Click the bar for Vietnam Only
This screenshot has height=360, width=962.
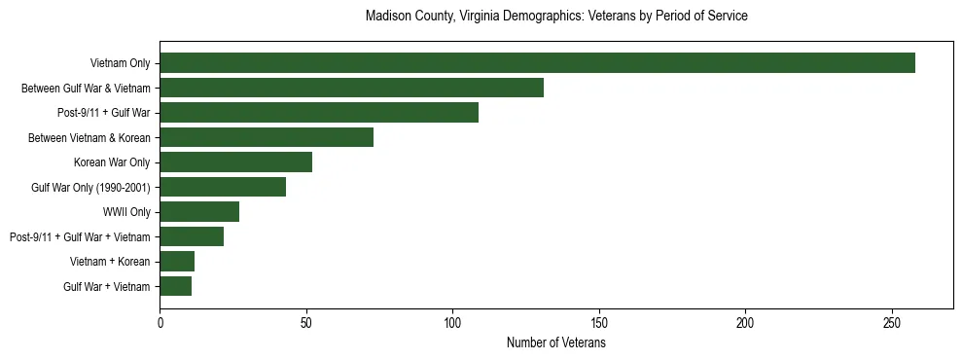click(537, 63)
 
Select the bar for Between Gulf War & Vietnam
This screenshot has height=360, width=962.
click(351, 88)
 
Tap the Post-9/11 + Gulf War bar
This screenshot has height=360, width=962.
click(319, 113)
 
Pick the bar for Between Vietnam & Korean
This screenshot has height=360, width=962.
click(267, 137)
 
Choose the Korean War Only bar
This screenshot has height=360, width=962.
click(235, 162)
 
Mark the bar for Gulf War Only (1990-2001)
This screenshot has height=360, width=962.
click(223, 187)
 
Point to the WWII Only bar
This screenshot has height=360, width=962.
click(199, 212)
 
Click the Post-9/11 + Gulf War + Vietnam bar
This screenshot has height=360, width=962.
click(192, 236)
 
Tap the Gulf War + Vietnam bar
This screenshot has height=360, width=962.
click(175, 286)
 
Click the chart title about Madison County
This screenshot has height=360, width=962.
click(556, 17)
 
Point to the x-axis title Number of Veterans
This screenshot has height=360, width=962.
click(556, 343)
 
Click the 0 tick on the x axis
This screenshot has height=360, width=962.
click(160, 322)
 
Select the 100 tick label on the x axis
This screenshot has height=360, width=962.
click(452, 322)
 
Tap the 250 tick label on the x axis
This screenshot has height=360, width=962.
click(892, 322)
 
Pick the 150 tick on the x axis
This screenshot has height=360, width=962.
click(599, 322)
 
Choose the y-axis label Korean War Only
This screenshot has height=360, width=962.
click(112, 162)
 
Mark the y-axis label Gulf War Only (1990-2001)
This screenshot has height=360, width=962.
click(90, 187)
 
